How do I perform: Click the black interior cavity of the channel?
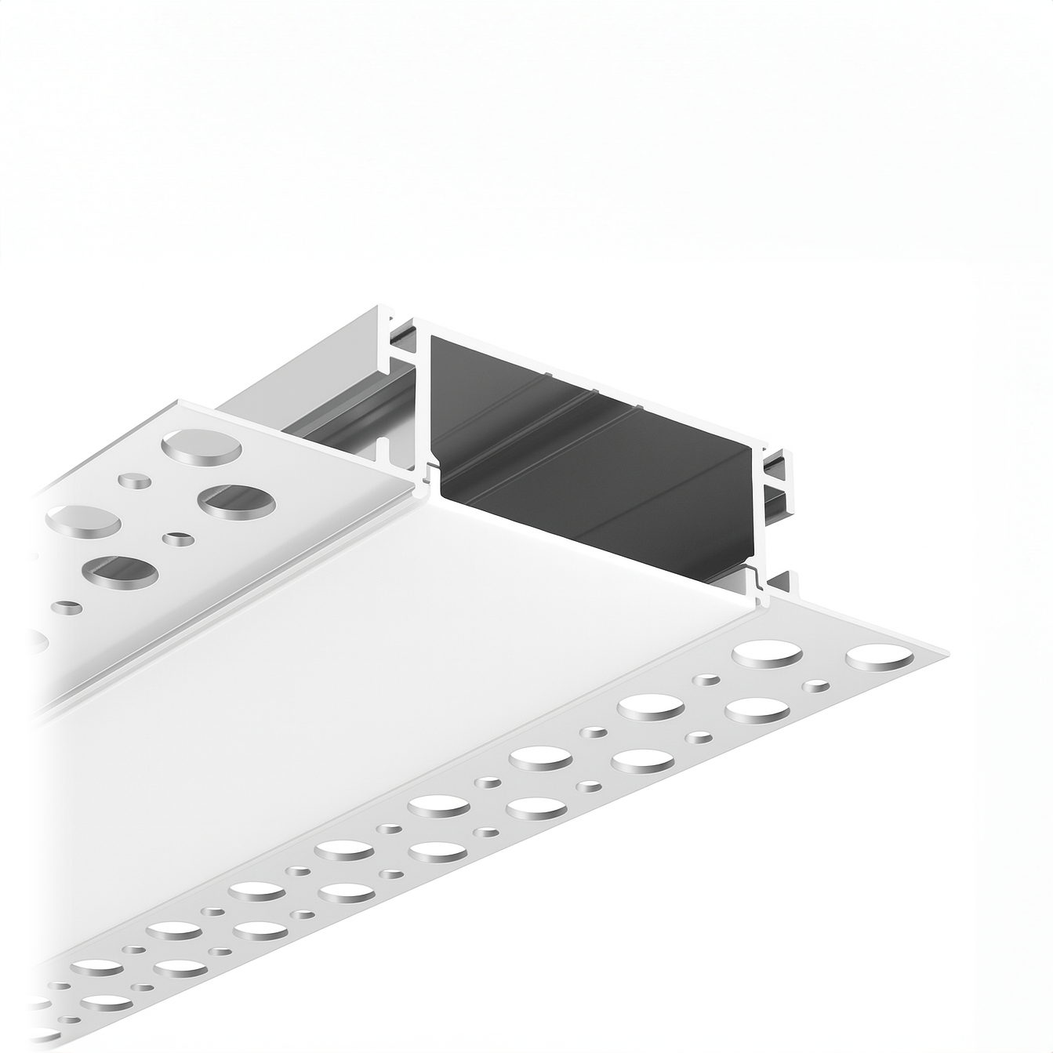click(x=596, y=463)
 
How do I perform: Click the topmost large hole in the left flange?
click(x=201, y=445)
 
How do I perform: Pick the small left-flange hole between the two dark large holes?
click(x=180, y=539)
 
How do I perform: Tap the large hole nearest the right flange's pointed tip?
click(x=880, y=659)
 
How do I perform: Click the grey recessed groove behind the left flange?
click(x=345, y=423)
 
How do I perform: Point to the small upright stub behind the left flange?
click(x=383, y=451)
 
